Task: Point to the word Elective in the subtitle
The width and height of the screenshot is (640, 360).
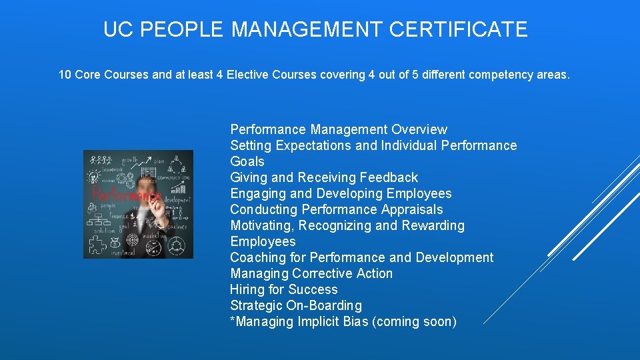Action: pos(248,75)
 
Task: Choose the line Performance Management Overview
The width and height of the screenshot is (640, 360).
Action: pos(339,129)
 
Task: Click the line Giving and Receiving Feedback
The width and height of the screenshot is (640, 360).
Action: pos(324,177)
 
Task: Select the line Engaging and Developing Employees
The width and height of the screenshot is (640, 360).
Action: pos(341,193)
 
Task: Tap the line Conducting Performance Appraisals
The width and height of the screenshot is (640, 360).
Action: pos(337,209)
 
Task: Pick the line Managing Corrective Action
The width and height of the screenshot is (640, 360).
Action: pos(311,273)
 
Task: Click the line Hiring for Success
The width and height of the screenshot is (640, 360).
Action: pos(284,289)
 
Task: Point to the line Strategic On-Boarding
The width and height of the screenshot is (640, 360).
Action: pos(296,305)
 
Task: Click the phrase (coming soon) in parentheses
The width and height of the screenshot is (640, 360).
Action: pos(415,321)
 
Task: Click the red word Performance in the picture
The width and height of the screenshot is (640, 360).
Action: pos(123,195)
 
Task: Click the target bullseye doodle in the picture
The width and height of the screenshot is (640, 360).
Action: pos(133,239)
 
